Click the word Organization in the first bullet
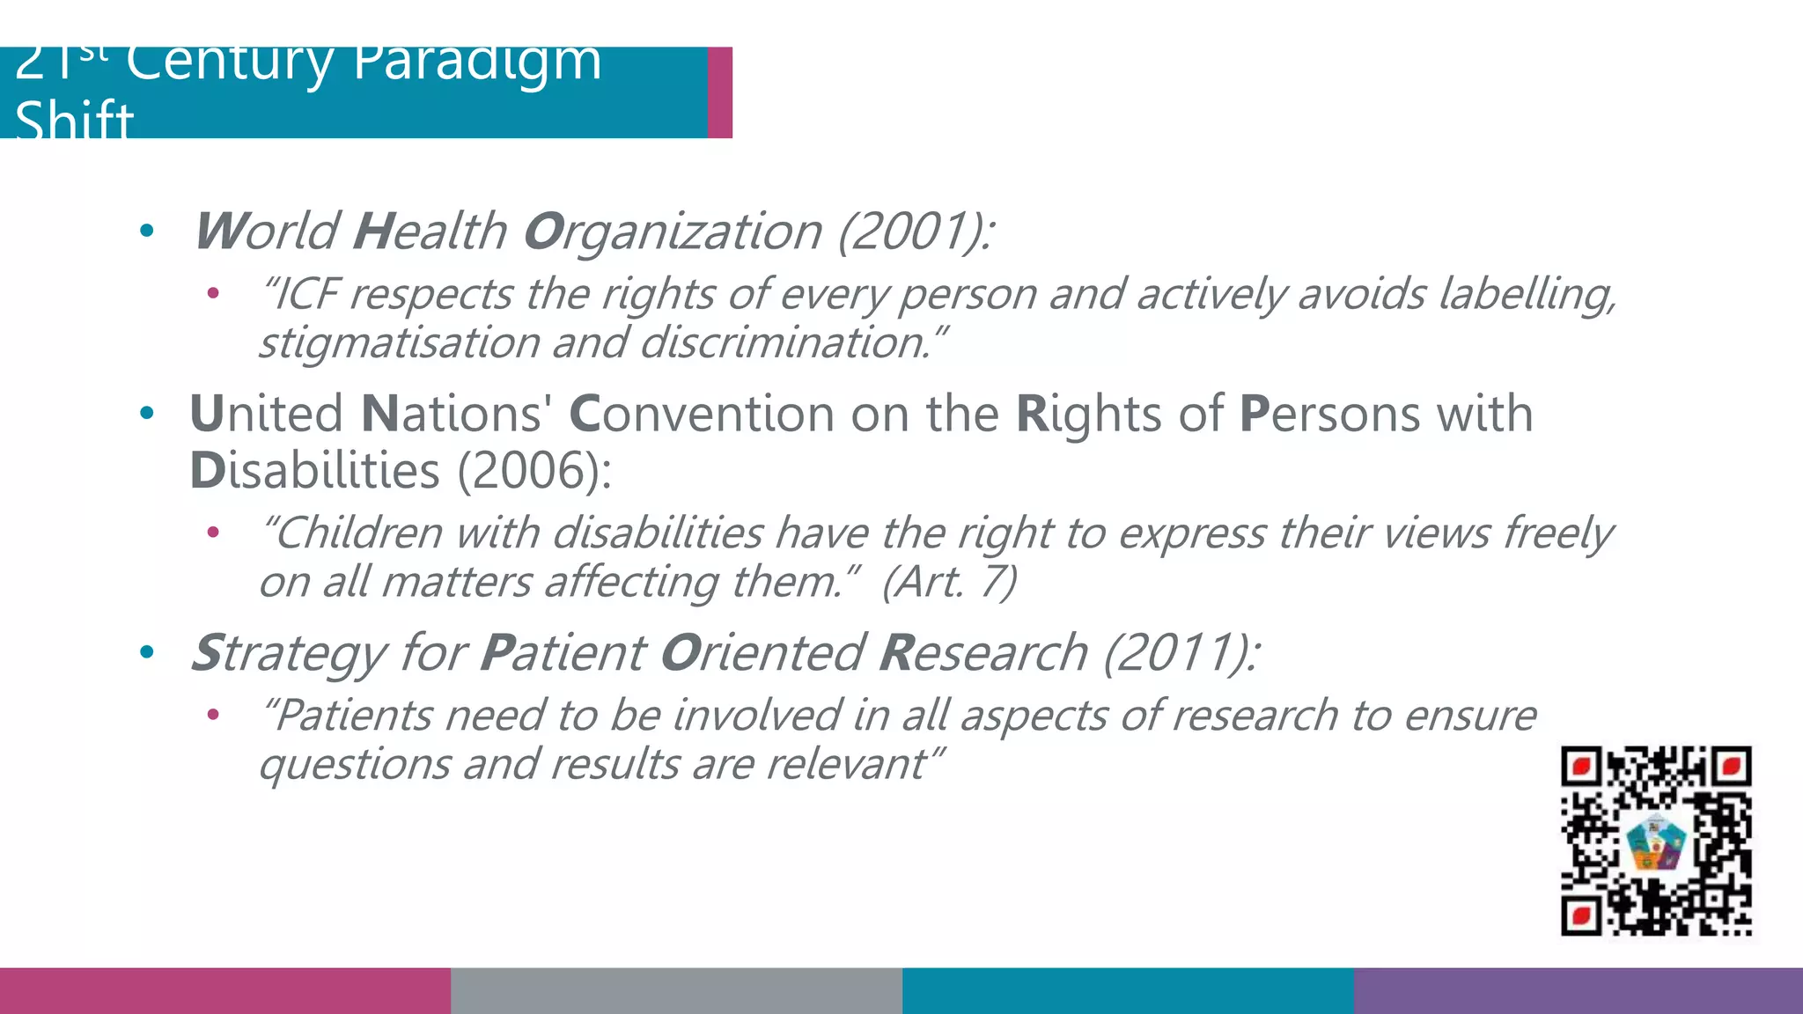[673, 231]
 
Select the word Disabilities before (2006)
[314, 471]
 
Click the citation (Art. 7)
[950, 582]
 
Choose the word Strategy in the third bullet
[290, 653]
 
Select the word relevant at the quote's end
[849, 764]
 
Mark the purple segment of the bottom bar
[1578, 991]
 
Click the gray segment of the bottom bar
[676, 991]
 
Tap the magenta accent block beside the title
[720, 92]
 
